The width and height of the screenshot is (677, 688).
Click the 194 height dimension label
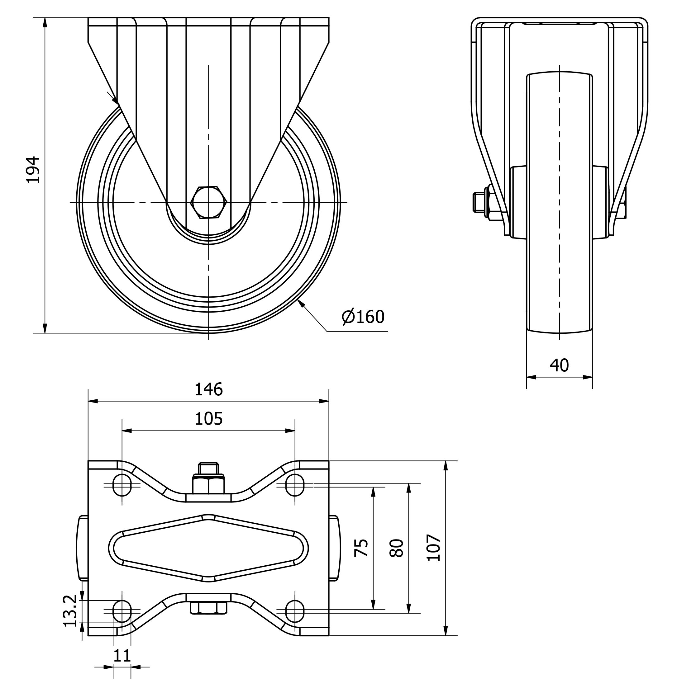[33, 170]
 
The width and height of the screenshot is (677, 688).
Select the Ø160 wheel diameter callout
[363, 317]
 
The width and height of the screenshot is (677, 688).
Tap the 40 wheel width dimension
[559, 365]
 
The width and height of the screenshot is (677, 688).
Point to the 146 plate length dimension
[208, 389]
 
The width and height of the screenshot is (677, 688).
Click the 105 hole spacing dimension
[208, 419]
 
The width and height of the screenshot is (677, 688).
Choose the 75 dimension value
[361, 548]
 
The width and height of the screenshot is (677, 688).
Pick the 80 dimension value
[397, 548]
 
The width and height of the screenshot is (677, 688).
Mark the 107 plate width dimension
[433, 548]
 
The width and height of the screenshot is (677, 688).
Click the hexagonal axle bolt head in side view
[209, 202]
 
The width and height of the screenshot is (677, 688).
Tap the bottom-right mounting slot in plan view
[295, 611]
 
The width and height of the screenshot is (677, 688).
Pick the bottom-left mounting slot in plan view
[122, 611]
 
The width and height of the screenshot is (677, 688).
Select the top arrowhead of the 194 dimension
[45, 22]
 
